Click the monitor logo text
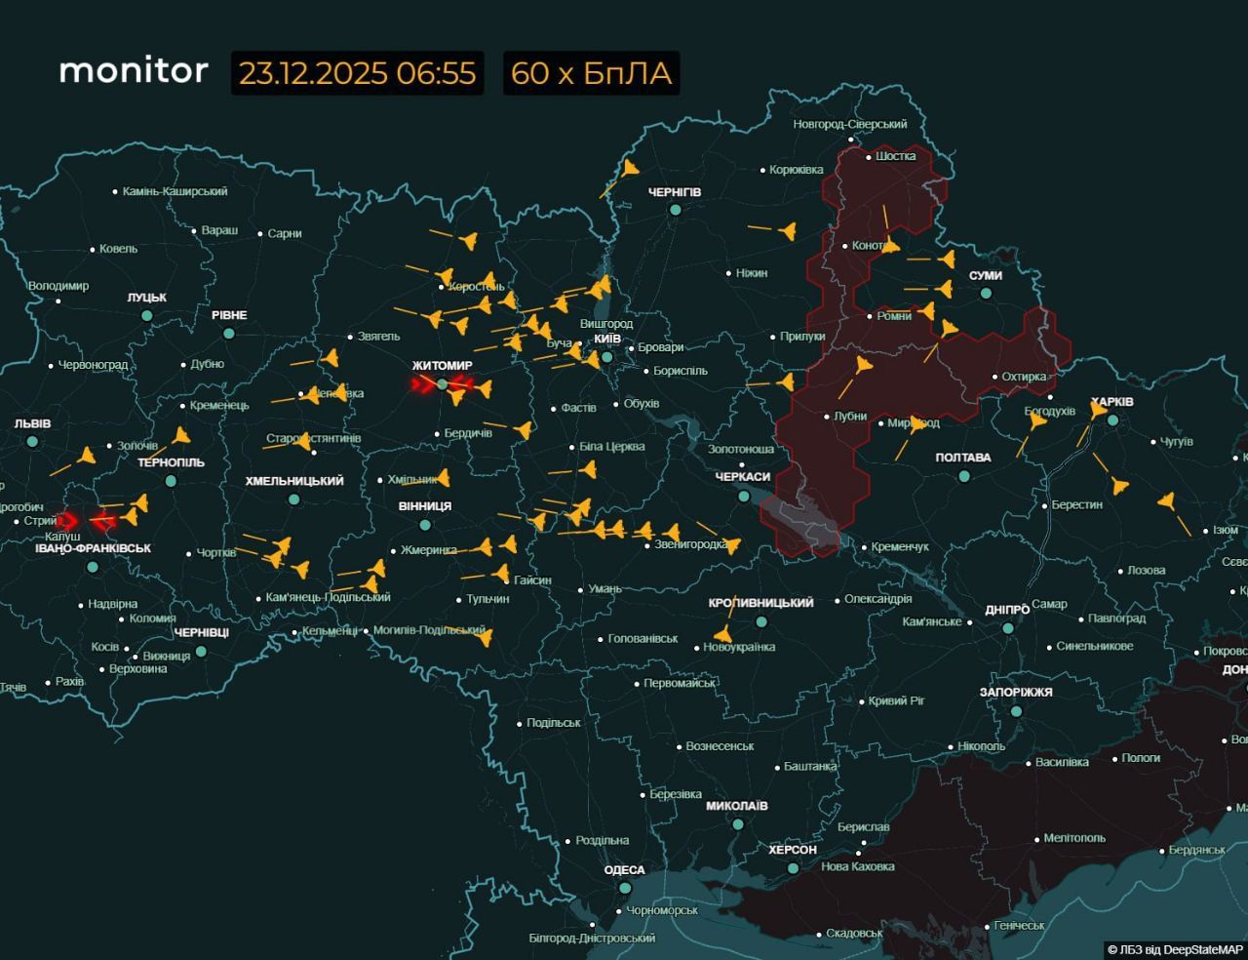[134, 71]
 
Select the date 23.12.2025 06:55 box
[357, 73]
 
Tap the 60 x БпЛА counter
[591, 73]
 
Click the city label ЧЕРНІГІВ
[675, 192]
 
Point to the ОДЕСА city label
[624, 870]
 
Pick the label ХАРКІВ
[1112, 402]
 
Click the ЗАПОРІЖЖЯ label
[1016, 692]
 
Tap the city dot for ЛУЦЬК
[147, 316]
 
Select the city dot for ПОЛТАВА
[964, 476]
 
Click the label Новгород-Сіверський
[849, 124]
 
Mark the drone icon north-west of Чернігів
[630, 169]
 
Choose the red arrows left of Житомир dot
[422, 385]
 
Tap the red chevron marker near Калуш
[67, 521]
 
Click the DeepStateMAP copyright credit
[1175, 949]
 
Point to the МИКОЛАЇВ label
[737, 806]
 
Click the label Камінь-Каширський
[175, 192]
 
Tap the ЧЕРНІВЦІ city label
[202, 633]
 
